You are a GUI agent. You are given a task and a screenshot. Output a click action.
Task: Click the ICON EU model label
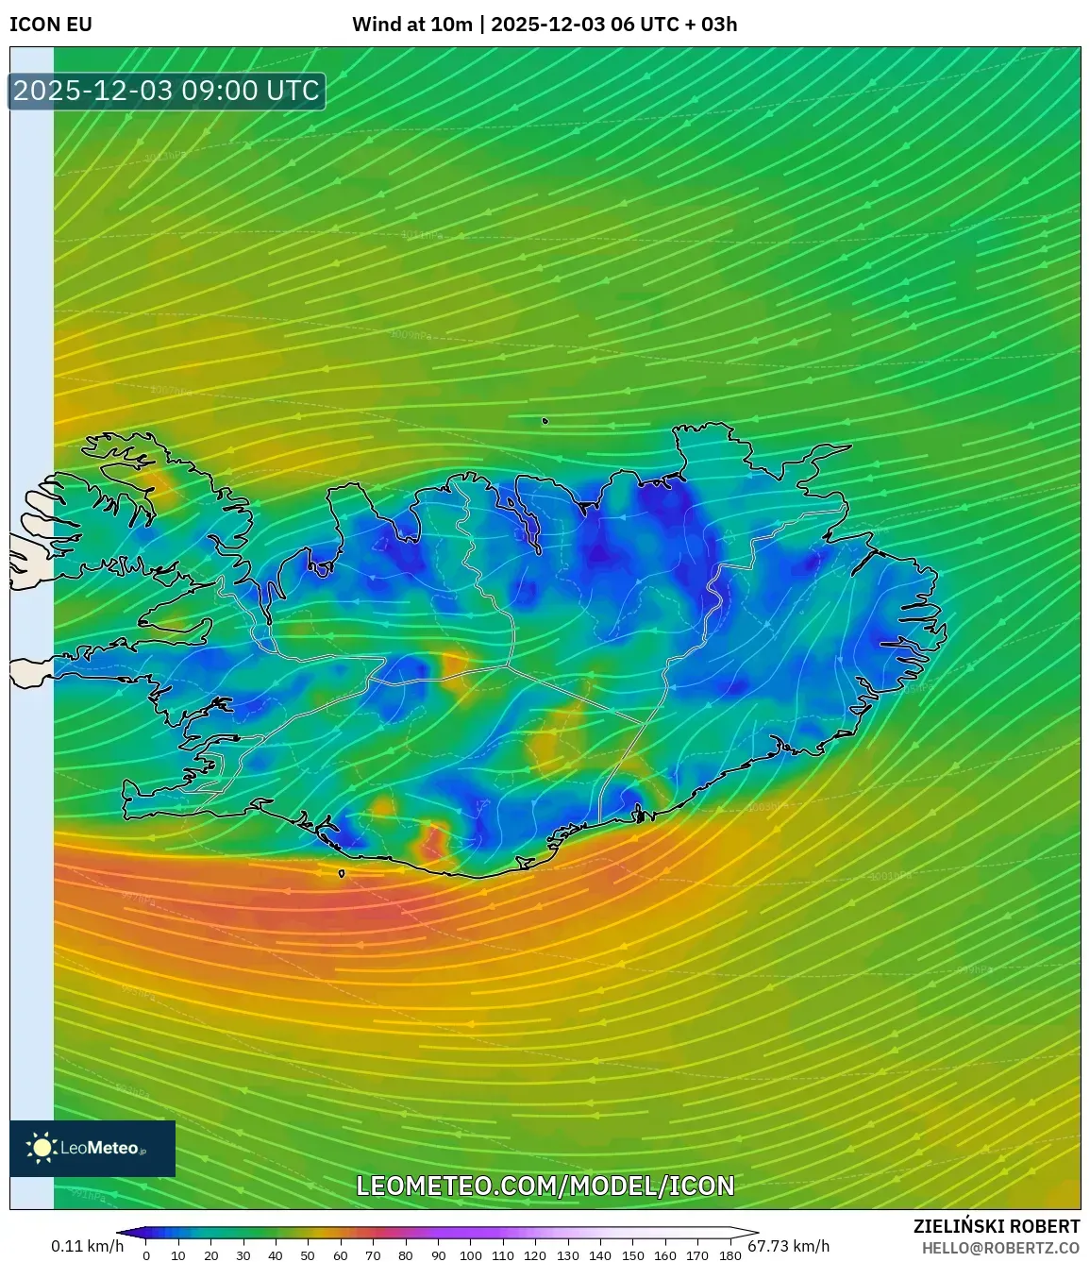pyautogui.click(x=51, y=25)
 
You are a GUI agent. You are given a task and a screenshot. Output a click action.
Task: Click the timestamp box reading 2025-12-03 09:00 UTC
pyautogui.click(x=167, y=92)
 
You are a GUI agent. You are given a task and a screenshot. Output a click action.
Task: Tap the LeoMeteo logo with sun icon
pyautogui.click(x=92, y=1148)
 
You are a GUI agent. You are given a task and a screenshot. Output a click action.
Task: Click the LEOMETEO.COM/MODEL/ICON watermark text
pyautogui.click(x=545, y=1186)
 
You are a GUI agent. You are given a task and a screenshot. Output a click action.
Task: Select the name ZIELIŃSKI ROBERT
pyautogui.click(x=997, y=1226)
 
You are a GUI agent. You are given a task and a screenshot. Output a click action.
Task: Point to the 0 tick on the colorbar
pyautogui.click(x=145, y=1254)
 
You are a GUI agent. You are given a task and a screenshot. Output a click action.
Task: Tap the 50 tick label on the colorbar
pyautogui.click(x=308, y=1255)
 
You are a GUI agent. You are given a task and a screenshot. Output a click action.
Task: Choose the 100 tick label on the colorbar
pyautogui.click(x=470, y=1255)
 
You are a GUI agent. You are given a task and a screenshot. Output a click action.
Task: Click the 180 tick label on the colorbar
pyautogui.click(x=729, y=1255)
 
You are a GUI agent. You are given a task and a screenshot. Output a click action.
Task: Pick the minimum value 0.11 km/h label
pyautogui.click(x=87, y=1246)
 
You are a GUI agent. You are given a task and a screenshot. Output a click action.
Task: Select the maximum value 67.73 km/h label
pyautogui.click(x=789, y=1246)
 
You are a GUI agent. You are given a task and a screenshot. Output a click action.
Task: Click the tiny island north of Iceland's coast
pyautogui.click(x=545, y=421)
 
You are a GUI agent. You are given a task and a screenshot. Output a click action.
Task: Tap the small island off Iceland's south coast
pyautogui.click(x=342, y=873)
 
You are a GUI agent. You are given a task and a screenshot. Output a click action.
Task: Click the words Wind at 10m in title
pyautogui.click(x=411, y=25)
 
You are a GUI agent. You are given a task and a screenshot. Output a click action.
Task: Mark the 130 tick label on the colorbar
pyautogui.click(x=567, y=1255)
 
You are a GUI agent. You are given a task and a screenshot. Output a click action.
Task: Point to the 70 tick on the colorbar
pyautogui.click(x=373, y=1254)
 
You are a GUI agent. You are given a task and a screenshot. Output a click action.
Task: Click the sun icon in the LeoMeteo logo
pyautogui.click(x=42, y=1148)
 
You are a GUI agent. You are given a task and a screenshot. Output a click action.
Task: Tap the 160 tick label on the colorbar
pyautogui.click(x=664, y=1255)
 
